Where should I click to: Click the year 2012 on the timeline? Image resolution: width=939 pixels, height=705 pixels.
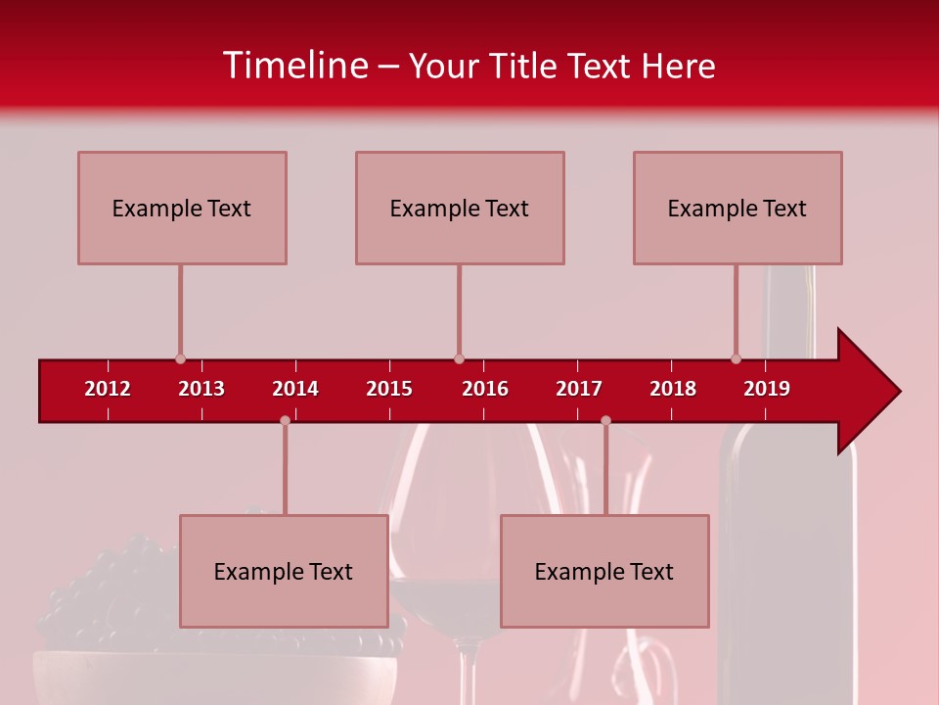click(108, 389)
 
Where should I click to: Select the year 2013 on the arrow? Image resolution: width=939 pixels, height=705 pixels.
click(201, 389)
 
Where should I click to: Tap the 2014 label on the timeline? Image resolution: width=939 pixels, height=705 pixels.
click(295, 389)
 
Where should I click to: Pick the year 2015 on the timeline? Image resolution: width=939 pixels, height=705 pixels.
click(389, 389)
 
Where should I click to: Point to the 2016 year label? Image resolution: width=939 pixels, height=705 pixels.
click(485, 389)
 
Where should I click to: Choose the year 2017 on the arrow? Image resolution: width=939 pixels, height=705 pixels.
click(579, 389)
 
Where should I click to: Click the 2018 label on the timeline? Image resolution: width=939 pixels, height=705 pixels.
click(673, 389)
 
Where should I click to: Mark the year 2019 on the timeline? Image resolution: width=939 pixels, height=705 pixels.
click(767, 389)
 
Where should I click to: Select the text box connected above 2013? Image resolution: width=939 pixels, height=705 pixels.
click(182, 208)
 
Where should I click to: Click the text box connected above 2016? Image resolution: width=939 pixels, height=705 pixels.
click(460, 208)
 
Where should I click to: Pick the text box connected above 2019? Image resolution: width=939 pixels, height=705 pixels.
click(738, 208)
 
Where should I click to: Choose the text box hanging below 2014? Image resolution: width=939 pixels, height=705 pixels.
click(284, 571)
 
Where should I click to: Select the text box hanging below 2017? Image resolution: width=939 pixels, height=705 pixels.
click(604, 571)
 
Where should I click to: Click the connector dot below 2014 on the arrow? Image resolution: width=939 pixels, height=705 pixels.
click(285, 421)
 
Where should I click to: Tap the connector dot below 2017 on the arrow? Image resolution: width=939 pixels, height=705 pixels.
click(605, 421)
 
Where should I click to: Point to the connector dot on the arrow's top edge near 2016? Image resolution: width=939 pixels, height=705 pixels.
click(459, 359)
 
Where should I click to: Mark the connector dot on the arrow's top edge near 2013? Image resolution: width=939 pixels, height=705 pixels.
click(180, 359)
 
